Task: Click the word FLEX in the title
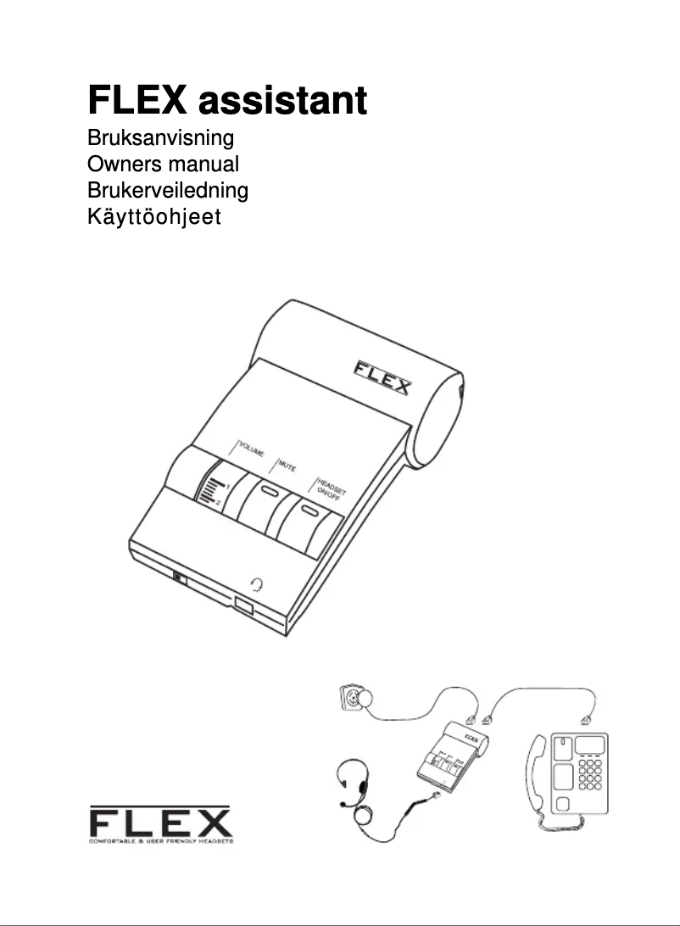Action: [137, 101]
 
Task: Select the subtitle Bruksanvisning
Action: [160, 137]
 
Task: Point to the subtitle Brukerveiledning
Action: [168, 190]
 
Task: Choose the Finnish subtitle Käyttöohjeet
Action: [154, 217]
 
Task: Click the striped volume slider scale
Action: [211, 492]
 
